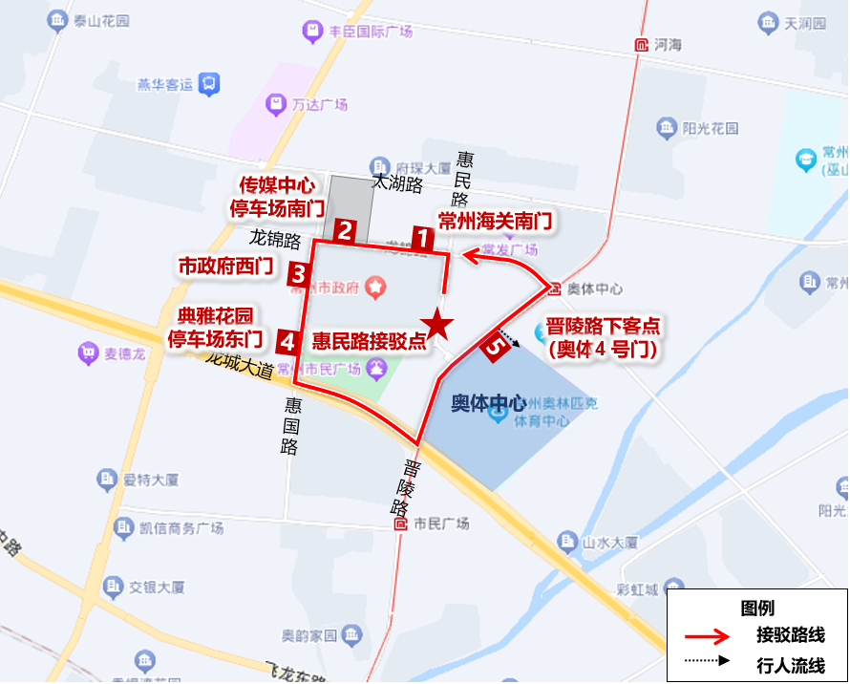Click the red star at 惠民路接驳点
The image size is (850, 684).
(x=438, y=325)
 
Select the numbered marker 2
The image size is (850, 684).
(x=346, y=230)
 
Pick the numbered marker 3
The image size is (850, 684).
(x=299, y=275)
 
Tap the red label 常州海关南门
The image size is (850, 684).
(x=495, y=221)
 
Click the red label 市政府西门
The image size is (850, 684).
(x=226, y=266)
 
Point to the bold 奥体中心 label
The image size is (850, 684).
(x=488, y=403)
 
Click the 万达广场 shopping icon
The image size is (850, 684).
(x=276, y=103)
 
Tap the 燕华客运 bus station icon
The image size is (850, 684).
(x=207, y=85)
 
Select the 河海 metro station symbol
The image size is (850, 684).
(x=639, y=45)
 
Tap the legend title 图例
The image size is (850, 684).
(x=756, y=608)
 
